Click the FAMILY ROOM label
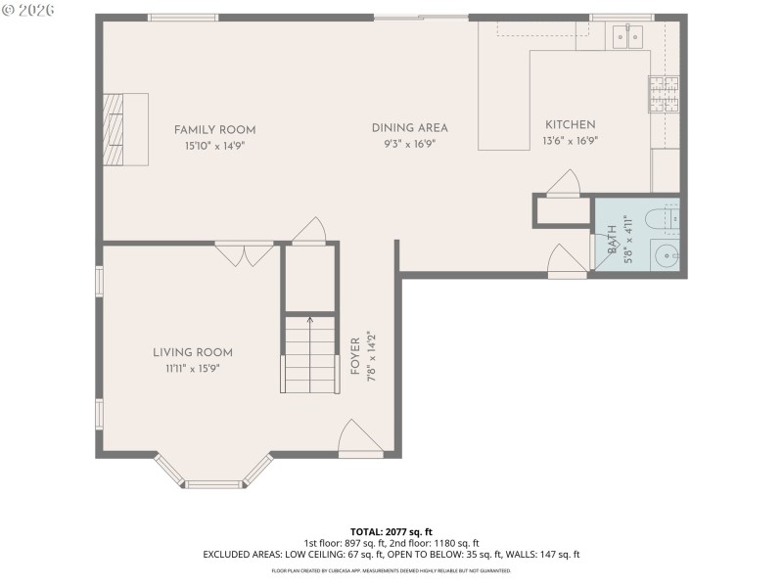(x=214, y=130)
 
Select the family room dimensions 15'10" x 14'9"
(x=214, y=145)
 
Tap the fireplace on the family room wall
(x=125, y=130)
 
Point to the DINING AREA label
(x=409, y=128)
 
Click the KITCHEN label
(x=570, y=124)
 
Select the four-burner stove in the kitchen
(x=663, y=94)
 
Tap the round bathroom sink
(x=665, y=256)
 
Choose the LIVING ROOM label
(x=192, y=353)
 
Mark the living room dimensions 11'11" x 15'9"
(x=192, y=368)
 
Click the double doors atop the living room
(x=245, y=254)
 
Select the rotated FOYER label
(x=355, y=358)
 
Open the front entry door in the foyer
(x=357, y=440)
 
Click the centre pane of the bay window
(x=213, y=483)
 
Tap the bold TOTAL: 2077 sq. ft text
(x=391, y=531)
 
